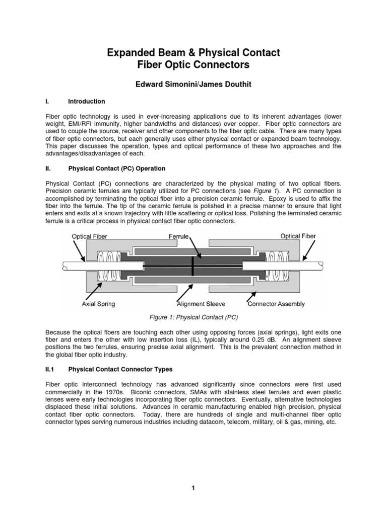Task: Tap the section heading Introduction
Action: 87,101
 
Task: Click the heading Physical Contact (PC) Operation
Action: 116,168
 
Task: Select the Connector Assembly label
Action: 276,304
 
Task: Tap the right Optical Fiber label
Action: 298,235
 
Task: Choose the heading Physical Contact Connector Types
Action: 120,369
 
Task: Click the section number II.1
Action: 50,369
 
